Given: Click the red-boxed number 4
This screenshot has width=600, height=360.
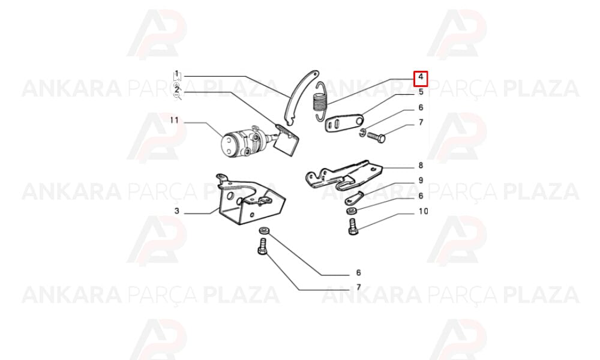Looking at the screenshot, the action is [421, 77].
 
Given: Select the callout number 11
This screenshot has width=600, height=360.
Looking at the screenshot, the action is [175, 121].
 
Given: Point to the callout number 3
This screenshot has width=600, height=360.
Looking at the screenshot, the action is [176, 211].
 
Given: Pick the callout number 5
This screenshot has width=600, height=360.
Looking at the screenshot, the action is [421, 92].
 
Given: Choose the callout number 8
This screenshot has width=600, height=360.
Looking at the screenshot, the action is [421, 165].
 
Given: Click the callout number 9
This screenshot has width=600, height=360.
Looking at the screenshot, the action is [421, 180].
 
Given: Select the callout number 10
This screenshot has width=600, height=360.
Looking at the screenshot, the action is [423, 211].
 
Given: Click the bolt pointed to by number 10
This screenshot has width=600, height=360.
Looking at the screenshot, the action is [353, 226].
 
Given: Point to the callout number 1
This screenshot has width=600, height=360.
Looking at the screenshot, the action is [176, 73].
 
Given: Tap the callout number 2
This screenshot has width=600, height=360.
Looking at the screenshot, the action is [176, 91].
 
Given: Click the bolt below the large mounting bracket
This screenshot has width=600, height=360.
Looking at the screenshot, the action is [263, 246].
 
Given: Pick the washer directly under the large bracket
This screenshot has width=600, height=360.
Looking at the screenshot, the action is [263, 230].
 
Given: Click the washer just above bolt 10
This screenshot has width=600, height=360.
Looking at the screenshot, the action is [351, 211].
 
